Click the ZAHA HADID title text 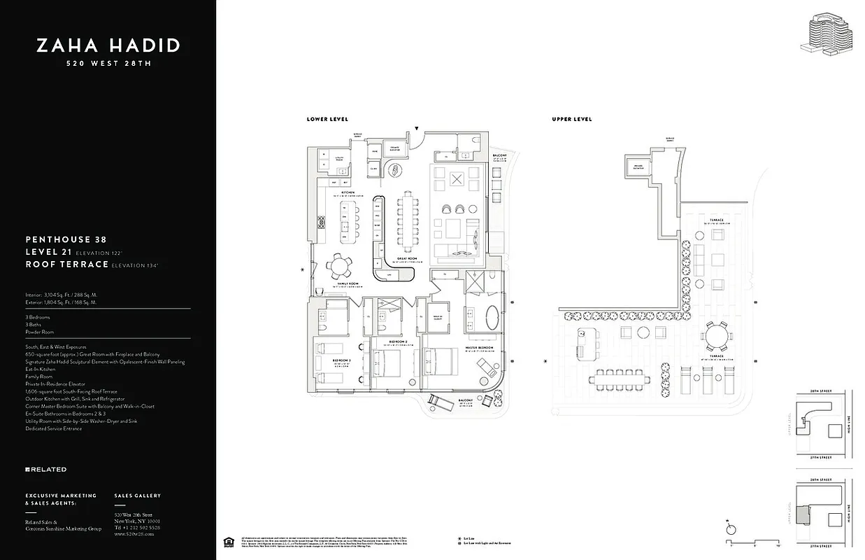(108, 46)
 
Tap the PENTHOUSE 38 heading (66, 239)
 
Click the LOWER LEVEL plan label (327, 120)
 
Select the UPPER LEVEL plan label (572, 120)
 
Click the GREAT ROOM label (408, 258)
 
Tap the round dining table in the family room (341, 265)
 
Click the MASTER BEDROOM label (480, 348)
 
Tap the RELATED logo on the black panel (46, 469)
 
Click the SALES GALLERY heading (137, 496)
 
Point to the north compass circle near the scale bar (731, 530)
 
